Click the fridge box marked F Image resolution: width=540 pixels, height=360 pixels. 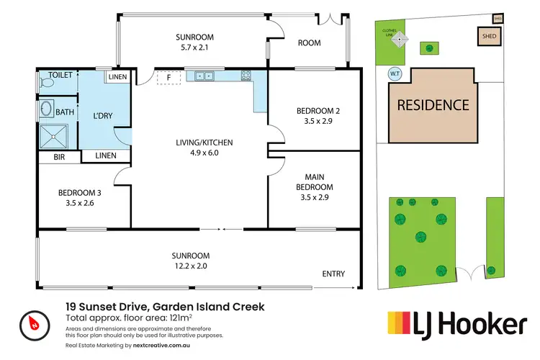(x=168, y=76)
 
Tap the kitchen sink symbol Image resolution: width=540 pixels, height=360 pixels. (x=201, y=75)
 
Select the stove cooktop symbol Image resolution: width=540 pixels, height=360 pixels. (x=246, y=75)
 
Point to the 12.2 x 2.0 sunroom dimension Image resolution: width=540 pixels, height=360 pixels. (x=191, y=266)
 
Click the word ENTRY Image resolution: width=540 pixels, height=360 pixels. (x=333, y=274)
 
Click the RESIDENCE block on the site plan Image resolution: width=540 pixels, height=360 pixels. (x=433, y=105)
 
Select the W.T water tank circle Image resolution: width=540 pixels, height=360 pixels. (x=395, y=73)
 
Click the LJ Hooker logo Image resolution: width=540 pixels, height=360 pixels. (x=457, y=325)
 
